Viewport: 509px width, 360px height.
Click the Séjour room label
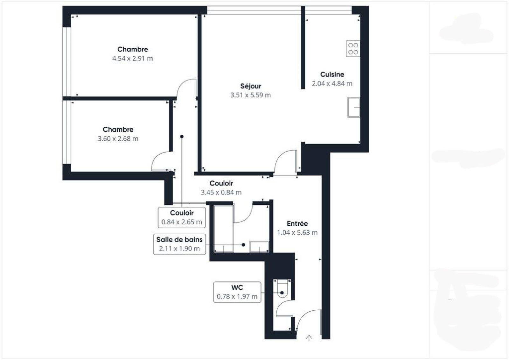pos(251,86)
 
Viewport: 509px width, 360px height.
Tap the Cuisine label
pos(332,74)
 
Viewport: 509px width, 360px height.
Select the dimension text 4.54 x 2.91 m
pos(132,59)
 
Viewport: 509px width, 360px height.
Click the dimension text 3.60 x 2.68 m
pos(118,138)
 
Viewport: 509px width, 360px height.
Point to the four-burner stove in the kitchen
pos(353,49)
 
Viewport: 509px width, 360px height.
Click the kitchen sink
pos(353,107)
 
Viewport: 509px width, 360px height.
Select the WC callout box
pos(237,292)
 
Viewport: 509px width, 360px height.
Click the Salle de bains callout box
pos(179,244)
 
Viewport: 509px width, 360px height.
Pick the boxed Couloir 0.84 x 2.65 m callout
pos(182,217)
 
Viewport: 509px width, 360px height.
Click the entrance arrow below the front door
pos(309,338)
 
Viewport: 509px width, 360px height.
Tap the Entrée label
pos(297,223)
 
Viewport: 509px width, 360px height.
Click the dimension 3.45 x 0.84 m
pos(221,192)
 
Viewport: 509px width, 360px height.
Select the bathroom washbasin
pos(259,246)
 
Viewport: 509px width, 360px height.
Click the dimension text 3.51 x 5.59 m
pos(251,95)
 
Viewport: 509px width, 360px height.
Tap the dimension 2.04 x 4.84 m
pos(332,83)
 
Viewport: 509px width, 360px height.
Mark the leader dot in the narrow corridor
pos(182,137)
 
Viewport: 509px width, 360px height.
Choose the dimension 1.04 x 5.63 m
pos(297,233)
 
